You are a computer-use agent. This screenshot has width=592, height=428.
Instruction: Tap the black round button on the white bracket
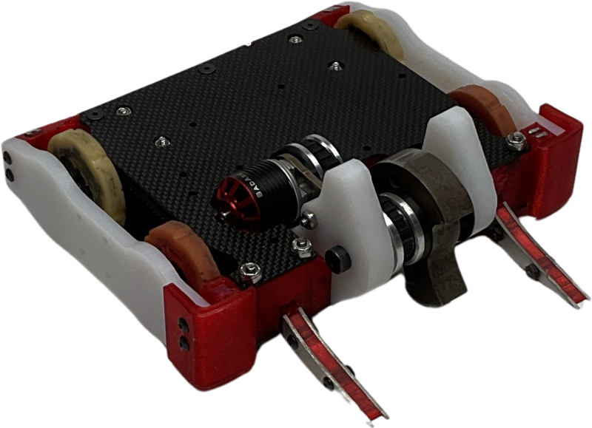(x=340, y=259)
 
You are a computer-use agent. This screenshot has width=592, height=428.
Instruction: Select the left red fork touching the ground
(x=333, y=362)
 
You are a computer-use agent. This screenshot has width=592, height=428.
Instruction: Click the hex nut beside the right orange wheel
(x=511, y=137)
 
